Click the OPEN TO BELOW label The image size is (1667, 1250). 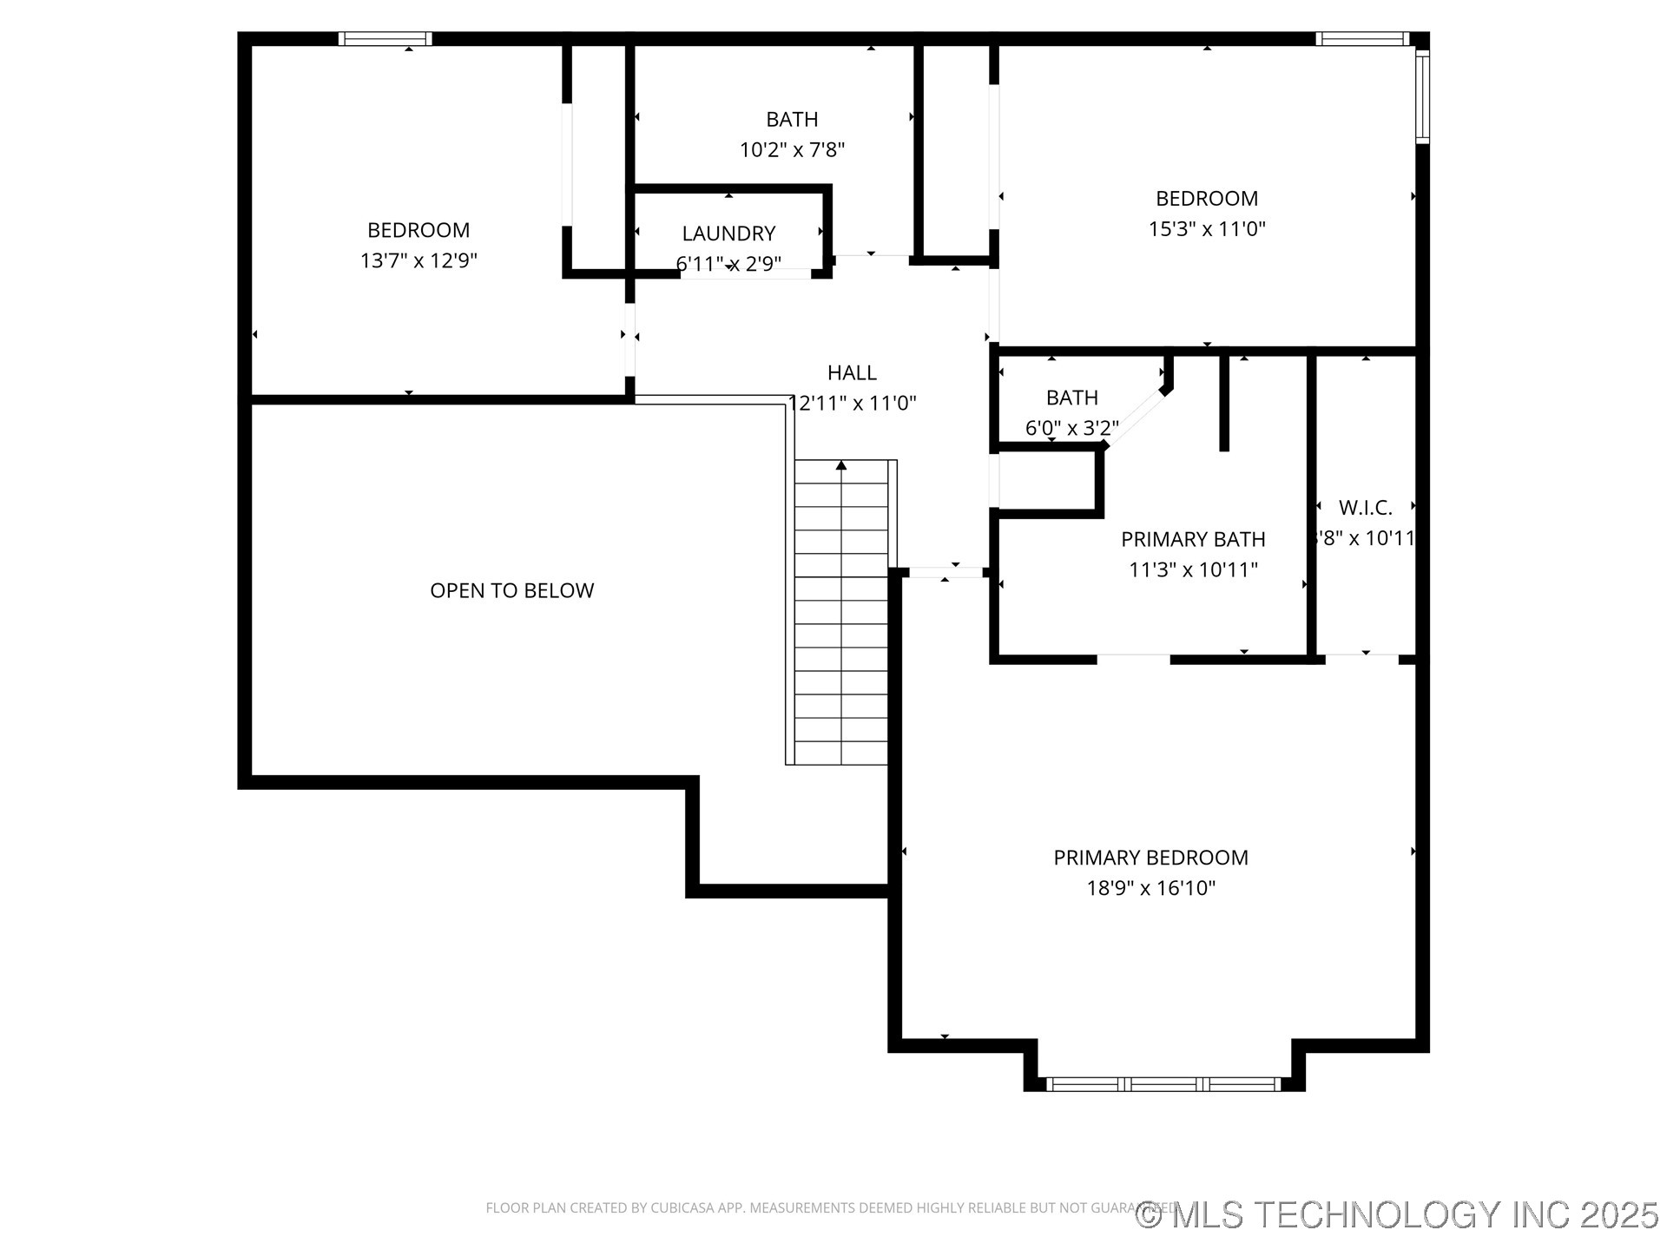(x=511, y=590)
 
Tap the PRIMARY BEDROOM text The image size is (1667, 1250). (x=1150, y=858)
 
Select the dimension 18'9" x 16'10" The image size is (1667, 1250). (x=1150, y=888)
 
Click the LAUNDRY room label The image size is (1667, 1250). (x=728, y=234)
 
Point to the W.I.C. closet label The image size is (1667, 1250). (x=1365, y=508)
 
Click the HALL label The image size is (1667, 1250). (x=852, y=372)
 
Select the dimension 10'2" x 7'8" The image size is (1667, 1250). (x=792, y=150)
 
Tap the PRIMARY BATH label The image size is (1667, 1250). (x=1193, y=539)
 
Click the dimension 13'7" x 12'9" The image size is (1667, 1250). (x=418, y=260)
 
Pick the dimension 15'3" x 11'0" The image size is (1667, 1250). (x=1207, y=229)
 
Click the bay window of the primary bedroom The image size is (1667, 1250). (x=1163, y=1083)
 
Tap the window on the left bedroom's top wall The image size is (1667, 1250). (x=385, y=38)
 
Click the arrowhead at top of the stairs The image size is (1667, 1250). (x=840, y=466)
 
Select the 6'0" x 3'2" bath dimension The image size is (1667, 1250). (x=1071, y=428)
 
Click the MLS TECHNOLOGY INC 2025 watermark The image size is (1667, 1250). (x=1397, y=1214)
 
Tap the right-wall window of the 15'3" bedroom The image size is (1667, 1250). (x=1421, y=95)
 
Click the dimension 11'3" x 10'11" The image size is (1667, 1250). (x=1193, y=569)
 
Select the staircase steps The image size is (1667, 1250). (x=840, y=616)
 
